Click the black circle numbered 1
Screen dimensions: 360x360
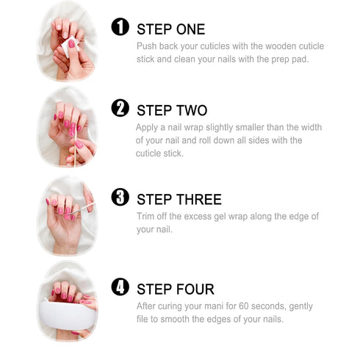pyautogui.click(x=120, y=26)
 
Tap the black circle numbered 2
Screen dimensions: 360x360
pyautogui.click(x=120, y=108)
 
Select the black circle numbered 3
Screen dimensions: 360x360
pyautogui.click(x=120, y=197)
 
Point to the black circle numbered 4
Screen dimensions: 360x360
pyautogui.click(x=120, y=287)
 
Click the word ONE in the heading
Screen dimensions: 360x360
pyautogui.click(x=190, y=29)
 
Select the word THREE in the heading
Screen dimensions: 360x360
pyautogui.click(x=199, y=199)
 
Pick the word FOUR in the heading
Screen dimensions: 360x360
pyautogui.click(x=195, y=289)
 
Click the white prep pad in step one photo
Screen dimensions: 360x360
pyautogui.click(x=70, y=46)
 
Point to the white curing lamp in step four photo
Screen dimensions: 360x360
pyautogui.click(x=67, y=315)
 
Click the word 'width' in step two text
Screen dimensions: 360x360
pyautogui.click(x=312, y=127)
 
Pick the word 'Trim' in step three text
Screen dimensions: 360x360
pyautogui.click(x=145, y=217)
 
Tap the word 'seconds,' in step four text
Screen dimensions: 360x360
pyautogui.click(x=269, y=306)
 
